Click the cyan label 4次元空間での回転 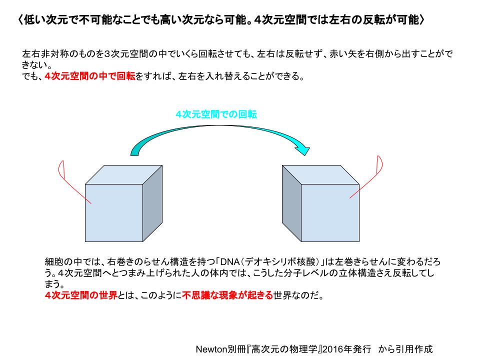(216, 114)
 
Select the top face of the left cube (123, 175)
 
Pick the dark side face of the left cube (152, 203)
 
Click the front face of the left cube (114, 213)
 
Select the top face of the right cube (320, 175)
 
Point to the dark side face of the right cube (291, 203)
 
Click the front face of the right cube (330, 213)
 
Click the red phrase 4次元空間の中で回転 (90, 76)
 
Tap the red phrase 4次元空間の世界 (81, 295)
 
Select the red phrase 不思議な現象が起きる (227, 295)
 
